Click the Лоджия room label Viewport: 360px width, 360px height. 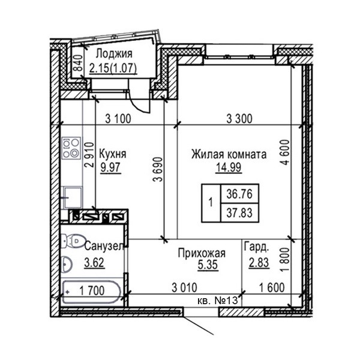[114, 54]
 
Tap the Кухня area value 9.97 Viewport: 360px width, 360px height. [110, 167]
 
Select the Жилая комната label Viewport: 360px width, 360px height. [229, 154]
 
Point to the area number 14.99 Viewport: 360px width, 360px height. [229, 167]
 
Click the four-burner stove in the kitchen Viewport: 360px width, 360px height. [71, 148]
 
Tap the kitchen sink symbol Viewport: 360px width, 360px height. [73, 197]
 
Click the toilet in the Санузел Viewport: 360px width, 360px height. [73, 241]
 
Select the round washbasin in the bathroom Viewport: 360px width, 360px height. [67, 264]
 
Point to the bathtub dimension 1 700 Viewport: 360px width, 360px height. [92, 291]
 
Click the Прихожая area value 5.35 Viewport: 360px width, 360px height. [208, 265]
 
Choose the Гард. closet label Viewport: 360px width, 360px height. [256, 247]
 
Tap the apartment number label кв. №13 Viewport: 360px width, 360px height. [218, 301]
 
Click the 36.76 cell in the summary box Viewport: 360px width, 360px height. [239, 194]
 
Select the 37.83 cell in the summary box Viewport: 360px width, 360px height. [239, 212]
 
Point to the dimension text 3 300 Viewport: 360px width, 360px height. [239, 119]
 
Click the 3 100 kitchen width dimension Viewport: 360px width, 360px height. [118, 119]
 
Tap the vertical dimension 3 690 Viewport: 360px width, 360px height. [158, 169]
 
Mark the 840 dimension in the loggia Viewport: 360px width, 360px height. [79, 62]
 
